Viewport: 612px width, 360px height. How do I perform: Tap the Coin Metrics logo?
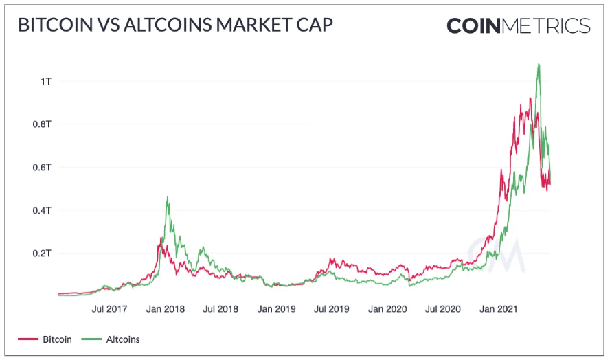(x=518, y=26)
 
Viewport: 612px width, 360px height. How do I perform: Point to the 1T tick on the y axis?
(x=46, y=81)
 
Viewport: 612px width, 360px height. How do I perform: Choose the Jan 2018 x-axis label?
(x=165, y=308)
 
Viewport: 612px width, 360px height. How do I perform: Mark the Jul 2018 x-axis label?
(x=221, y=308)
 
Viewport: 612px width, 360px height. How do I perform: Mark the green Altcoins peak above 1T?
(x=539, y=65)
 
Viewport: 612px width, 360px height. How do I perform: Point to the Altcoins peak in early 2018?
(x=167, y=198)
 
